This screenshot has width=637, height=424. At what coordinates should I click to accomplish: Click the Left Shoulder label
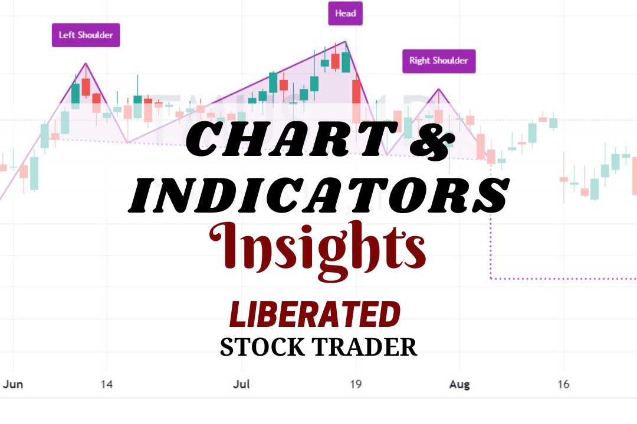click(x=86, y=35)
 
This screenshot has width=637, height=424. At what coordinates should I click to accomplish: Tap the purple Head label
click(x=345, y=14)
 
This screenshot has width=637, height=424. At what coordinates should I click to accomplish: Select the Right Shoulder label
click(x=438, y=61)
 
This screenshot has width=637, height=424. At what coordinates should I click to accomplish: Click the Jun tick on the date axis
click(x=13, y=385)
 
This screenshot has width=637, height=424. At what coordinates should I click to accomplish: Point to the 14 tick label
click(x=107, y=385)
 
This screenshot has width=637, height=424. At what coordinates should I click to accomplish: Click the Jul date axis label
click(x=241, y=385)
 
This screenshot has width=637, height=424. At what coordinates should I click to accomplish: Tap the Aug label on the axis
click(x=459, y=385)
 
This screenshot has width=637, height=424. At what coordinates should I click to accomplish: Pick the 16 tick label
click(x=563, y=385)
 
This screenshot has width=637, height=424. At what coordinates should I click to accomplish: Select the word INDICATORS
click(x=318, y=194)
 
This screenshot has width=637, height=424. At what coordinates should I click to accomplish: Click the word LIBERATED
click(x=314, y=314)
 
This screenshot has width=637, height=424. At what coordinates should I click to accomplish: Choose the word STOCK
click(x=260, y=347)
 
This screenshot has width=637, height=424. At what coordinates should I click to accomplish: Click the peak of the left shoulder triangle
click(x=86, y=63)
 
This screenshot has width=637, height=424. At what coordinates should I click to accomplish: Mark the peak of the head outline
click(x=345, y=42)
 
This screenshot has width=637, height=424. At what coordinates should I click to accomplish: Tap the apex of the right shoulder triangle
click(x=438, y=89)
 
